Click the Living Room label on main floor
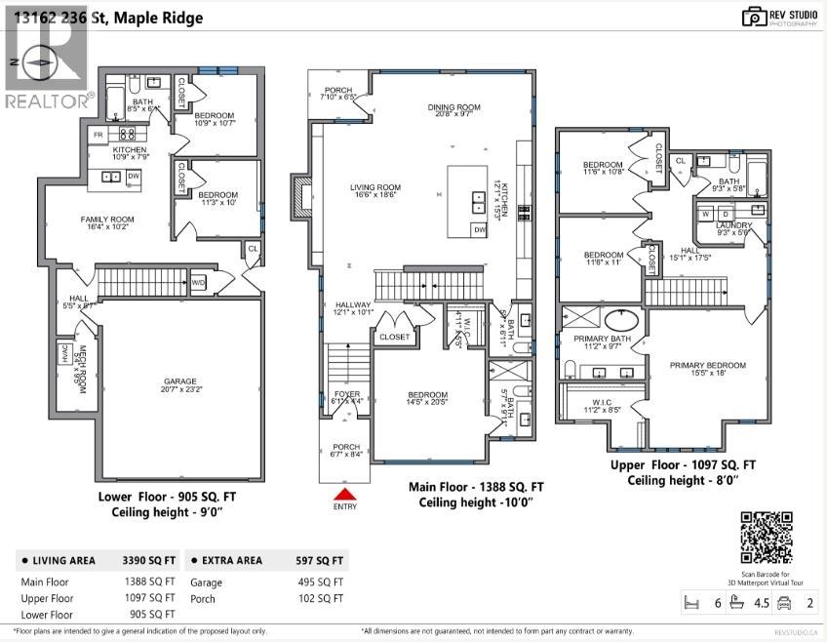pyautogui.click(x=375, y=191)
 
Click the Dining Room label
pyautogui.click(x=454, y=110)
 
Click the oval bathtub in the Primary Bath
pyautogui.click(x=621, y=321)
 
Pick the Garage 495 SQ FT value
pyautogui.click(x=320, y=582)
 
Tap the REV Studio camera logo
pyautogui.click(x=753, y=17)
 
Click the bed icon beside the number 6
pyautogui.click(x=693, y=603)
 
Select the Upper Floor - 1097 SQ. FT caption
pyautogui.click(x=683, y=466)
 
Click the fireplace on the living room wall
pyautogui.click(x=300, y=200)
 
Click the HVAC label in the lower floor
pyautogui.click(x=65, y=358)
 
